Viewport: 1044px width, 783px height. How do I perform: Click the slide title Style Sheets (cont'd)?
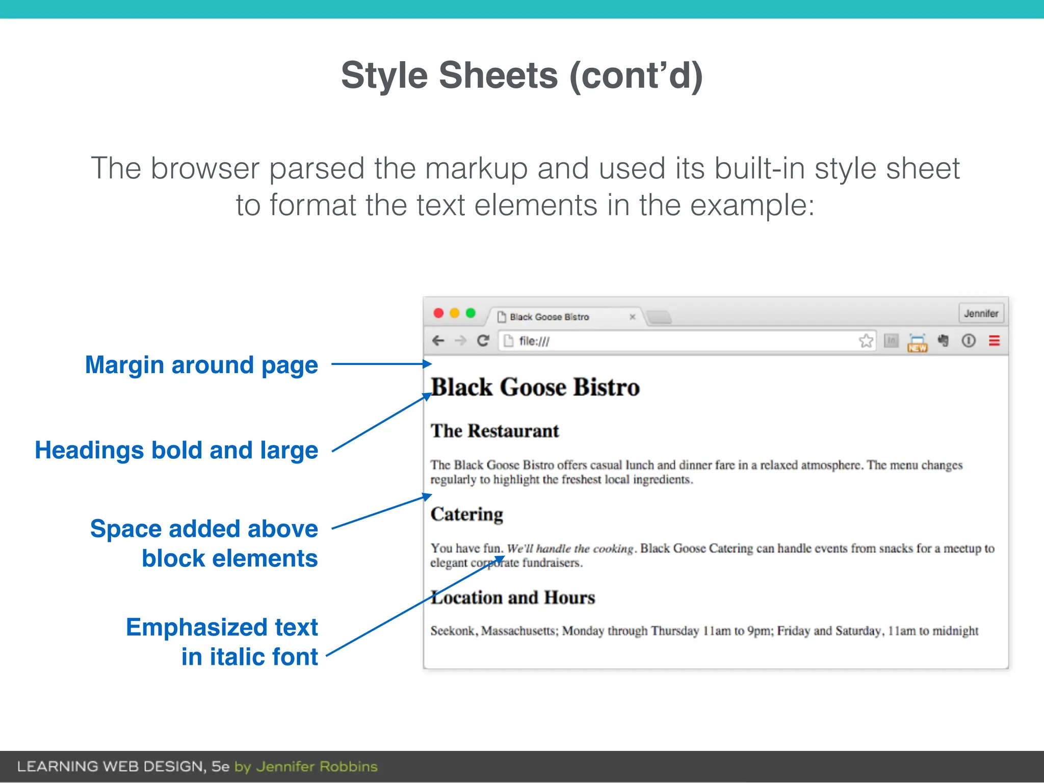tap(521, 75)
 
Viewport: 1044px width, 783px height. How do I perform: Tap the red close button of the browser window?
tap(438, 313)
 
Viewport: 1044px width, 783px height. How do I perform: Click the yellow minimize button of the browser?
tap(455, 313)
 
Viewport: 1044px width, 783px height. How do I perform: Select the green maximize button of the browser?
tap(471, 313)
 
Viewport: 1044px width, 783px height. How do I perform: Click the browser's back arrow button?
tap(438, 341)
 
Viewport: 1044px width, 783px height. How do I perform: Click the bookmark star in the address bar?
tap(866, 341)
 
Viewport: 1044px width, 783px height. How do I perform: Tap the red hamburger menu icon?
tap(994, 341)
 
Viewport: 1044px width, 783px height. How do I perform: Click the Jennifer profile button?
tap(981, 314)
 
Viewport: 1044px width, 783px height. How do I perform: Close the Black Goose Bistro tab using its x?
tap(632, 317)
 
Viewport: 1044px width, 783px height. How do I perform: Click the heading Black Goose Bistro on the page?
tap(535, 387)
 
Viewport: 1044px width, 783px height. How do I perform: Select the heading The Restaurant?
tap(494, 431)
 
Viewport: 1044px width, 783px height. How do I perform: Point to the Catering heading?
tap(466, 514)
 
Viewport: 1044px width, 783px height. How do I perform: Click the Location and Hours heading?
tap(513, 597)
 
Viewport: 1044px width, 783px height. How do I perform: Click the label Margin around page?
tap(201, 365)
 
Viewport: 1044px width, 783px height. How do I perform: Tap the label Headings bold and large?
tap(176, 451)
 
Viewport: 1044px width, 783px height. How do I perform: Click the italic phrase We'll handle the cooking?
tap(570, 549)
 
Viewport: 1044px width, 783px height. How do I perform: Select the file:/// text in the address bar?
tap(534, 341)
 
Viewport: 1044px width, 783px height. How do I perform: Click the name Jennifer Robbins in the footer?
tap(317, 767)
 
